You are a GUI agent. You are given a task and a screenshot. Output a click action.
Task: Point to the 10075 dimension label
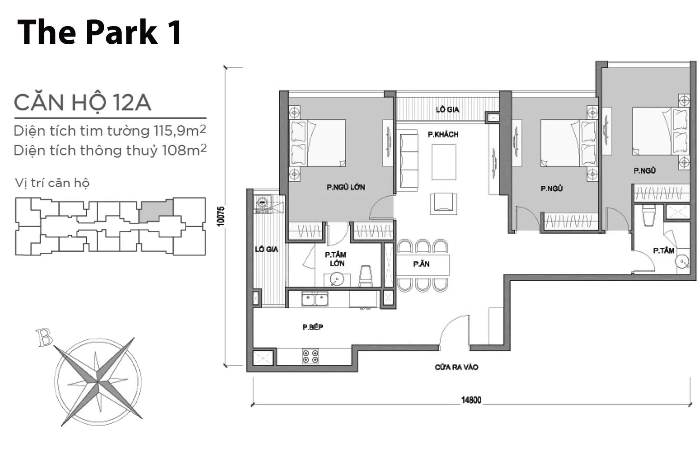point(220,216)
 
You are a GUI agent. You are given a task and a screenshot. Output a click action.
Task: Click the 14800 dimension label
point(471,400)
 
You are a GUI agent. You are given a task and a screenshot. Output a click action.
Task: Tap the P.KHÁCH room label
point(443,135)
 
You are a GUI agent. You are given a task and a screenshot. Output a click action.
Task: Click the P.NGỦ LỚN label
point(346,188)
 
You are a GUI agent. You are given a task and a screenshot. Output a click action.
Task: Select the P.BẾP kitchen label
point(313,327)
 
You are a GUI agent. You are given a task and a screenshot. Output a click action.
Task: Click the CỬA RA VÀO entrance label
point(456,367)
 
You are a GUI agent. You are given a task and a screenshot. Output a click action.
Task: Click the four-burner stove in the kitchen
point(310,356)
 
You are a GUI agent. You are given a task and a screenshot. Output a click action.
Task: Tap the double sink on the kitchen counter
point(315,300)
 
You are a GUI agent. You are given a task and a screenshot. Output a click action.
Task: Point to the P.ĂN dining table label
point(421,264)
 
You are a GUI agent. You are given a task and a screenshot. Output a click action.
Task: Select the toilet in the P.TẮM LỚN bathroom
point(366,275)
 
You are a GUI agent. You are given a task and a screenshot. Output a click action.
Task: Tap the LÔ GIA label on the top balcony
point(447,109)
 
